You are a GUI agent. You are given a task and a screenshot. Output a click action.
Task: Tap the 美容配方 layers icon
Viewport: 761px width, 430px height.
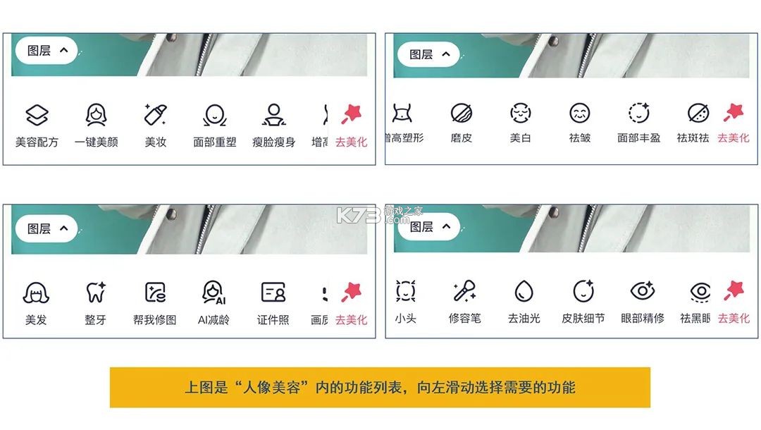(x=37, y=115)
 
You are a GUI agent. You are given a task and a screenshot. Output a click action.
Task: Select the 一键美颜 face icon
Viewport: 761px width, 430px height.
(x=96, y=115)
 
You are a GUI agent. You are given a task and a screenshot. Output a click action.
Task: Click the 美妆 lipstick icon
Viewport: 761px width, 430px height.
(x=155, y=115)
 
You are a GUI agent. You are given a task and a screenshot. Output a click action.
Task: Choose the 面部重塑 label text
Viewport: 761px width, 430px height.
(x=215, y=142)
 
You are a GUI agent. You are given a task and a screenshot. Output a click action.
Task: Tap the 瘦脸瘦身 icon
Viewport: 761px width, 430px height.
(x=273, y=115)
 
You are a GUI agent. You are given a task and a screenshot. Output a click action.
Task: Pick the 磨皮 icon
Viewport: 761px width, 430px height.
(x=461, y=113)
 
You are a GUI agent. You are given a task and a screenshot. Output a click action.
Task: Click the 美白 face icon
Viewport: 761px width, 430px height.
(x=520, y=113)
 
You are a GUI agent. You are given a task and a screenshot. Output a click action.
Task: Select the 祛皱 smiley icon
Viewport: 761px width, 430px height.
(x=579, y=113)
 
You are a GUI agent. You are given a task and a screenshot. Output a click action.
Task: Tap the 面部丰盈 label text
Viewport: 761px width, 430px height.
(x=638, y=138)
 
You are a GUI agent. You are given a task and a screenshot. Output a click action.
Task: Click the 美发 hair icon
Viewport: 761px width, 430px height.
(x=36, y=293)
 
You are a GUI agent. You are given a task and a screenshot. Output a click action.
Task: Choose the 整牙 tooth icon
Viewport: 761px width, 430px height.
(x=95, y=293)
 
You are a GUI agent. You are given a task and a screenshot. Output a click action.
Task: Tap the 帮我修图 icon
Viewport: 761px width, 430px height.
(x=154, y=293)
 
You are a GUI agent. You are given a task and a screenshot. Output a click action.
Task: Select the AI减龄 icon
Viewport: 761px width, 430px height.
(x=214, y=293)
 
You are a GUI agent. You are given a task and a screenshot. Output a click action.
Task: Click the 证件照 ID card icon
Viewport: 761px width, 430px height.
(x=273, y=293)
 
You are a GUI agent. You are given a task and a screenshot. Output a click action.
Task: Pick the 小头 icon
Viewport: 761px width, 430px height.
(x=405, y=290)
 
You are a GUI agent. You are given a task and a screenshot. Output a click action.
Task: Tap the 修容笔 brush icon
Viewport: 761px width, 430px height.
(x=464, y=290)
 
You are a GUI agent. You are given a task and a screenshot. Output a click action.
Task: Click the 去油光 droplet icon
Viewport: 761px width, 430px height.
(x=524, y=290)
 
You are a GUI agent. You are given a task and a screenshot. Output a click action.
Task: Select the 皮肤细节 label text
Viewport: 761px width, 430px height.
(x=583, y=319)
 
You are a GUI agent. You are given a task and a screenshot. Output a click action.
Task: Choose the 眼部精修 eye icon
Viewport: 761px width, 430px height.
(x=642, y=290)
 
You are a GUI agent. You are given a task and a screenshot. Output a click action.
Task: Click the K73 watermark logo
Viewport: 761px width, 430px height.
(x=359, y=214)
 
